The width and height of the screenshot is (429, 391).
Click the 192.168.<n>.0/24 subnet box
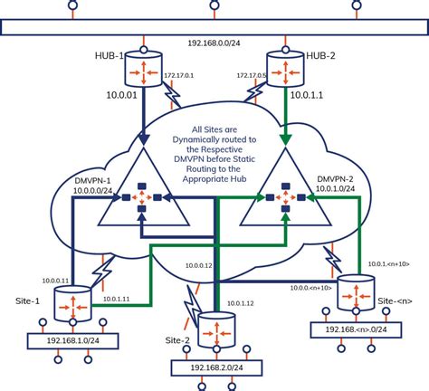(358, 331)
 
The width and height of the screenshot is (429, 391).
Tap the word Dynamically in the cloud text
(214, 140)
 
